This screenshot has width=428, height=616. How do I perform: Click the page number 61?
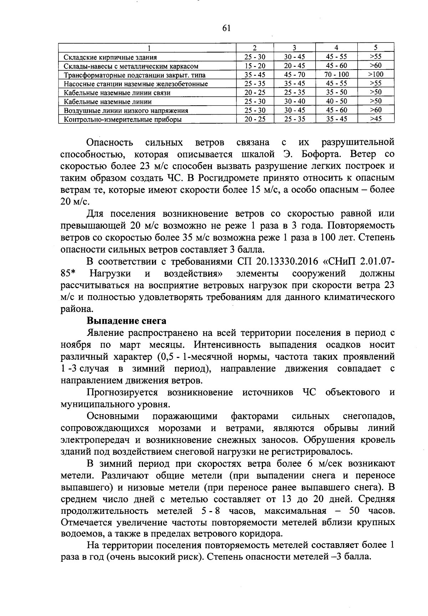pos(226,28)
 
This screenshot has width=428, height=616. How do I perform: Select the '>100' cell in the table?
pos(376,74)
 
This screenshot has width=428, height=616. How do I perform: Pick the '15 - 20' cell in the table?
pos(255,66)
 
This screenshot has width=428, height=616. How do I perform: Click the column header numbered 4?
pos(336,48)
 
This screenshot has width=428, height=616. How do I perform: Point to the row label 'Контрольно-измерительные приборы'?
pos(122,120)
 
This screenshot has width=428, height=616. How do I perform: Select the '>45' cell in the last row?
pos(376,119)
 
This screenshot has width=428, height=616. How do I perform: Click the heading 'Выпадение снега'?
pos(127,321)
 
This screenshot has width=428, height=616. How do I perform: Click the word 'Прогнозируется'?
pos(122,393)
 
